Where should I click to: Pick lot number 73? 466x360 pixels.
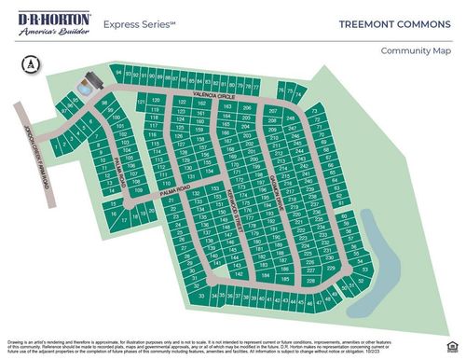(x=317, y=110)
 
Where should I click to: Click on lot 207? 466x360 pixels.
(x=273, y=110)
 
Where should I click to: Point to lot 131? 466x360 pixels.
(x=190, y=175)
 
